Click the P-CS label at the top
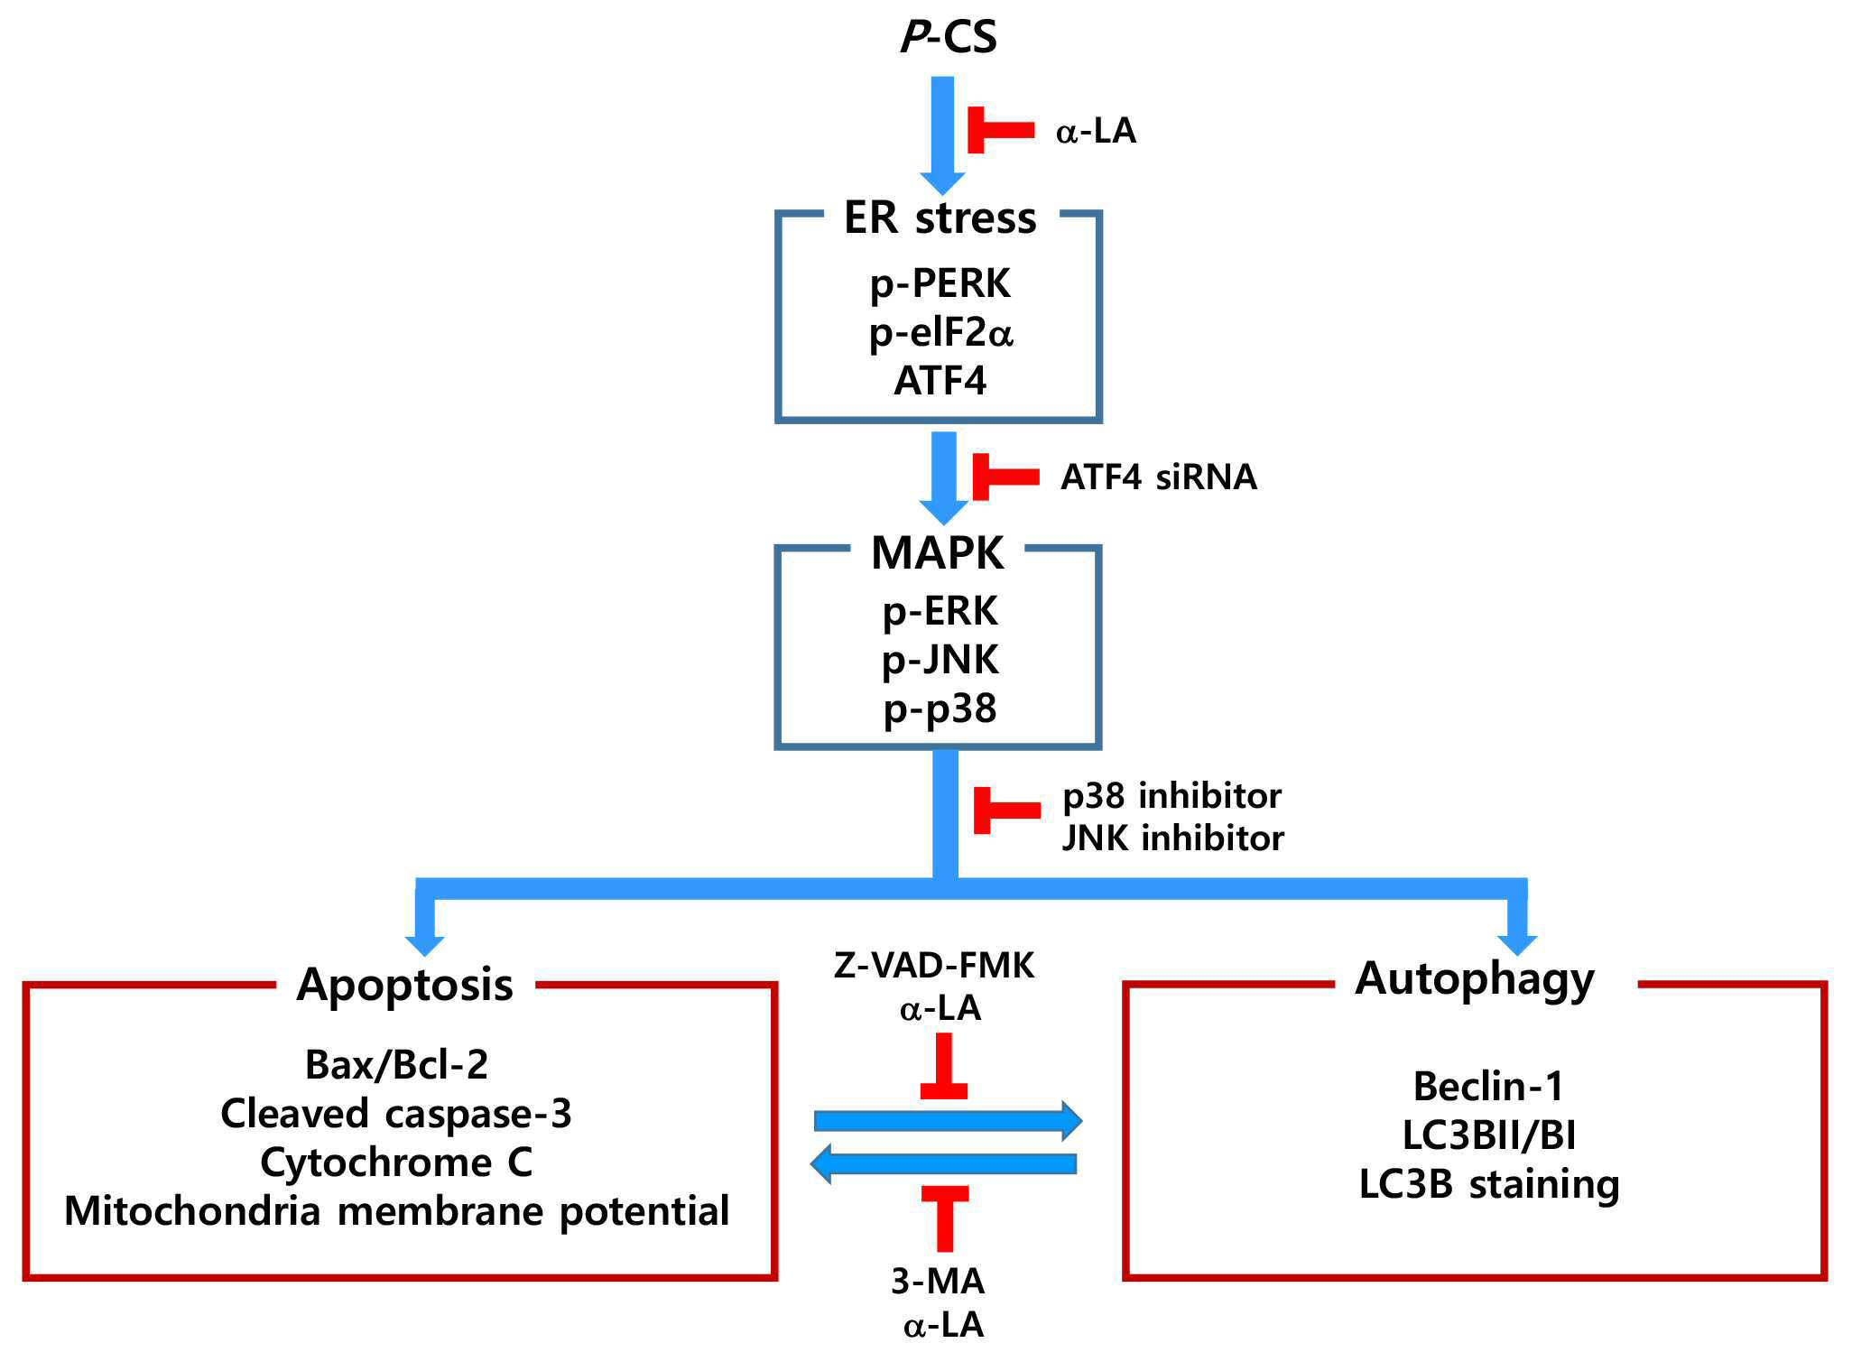pos(949,37)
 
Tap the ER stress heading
pos(940,218)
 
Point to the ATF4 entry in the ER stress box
pos(940,380)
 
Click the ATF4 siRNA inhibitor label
pos(1159,477)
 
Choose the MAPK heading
pos(937,552)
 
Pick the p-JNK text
pos(940,661)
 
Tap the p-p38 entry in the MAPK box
pos(940,709)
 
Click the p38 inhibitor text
pos(1171,796)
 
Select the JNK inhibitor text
pos(1172,838)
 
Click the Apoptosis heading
pos(405,985)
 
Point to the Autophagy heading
pos(1475,979)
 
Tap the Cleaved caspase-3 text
pos(396,1115)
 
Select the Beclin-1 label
pos(1488,1086)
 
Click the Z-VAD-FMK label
pos(933,966)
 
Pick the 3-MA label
pos(937,1282)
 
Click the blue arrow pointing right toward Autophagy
pos(948,1121)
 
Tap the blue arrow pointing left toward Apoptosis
pos(943,1163)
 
